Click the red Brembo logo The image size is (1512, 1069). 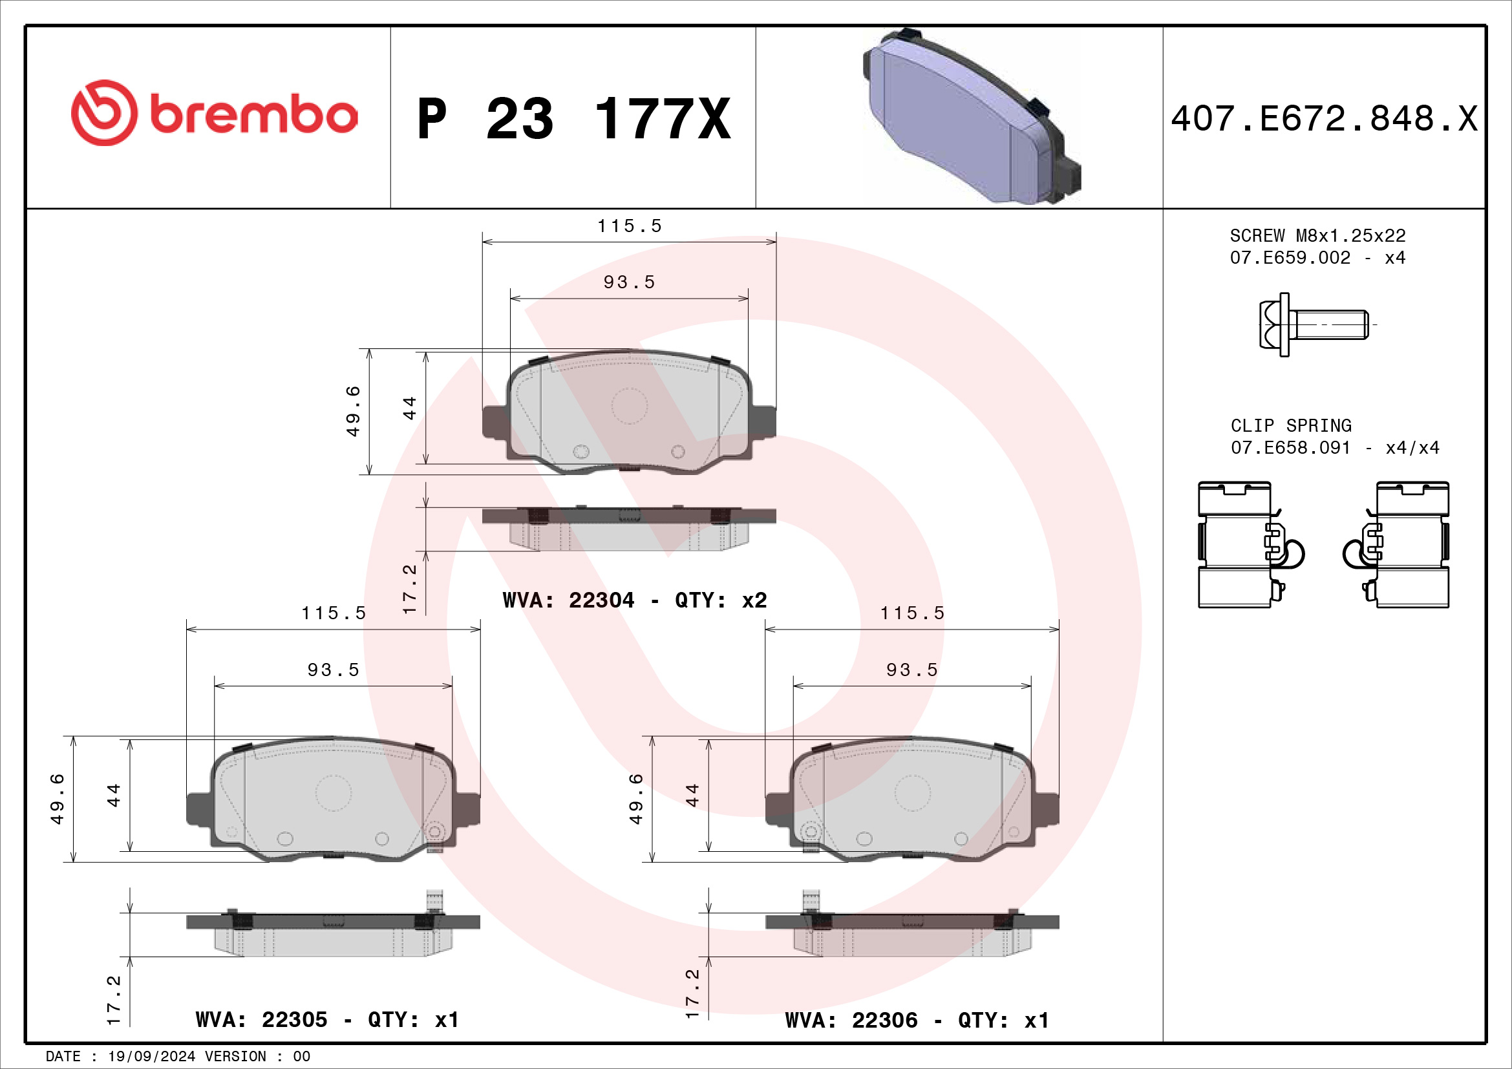click(x=214, y=113)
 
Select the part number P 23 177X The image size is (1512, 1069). click(x=574, y=119)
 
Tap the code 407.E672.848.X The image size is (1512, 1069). click(x=1325, y=119)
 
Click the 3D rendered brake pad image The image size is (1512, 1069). click(x=972, y=116)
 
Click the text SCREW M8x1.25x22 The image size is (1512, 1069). click(x=1317, y=236)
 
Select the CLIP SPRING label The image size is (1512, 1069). click(x=1291, y=426)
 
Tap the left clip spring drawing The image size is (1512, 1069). click(x=1250, y=544)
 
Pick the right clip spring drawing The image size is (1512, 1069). click(x=1396, y=544)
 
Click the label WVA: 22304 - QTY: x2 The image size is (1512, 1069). click(x=635, y=600)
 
